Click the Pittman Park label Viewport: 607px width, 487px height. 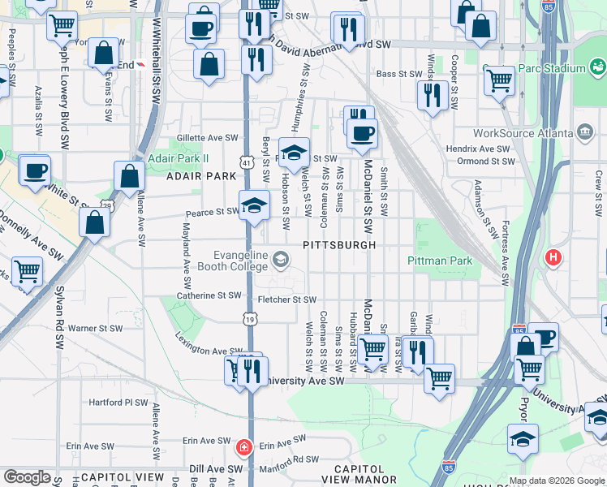pyautogui.click(x=439, y=261)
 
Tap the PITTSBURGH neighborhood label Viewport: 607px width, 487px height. pyautogui.click(x=339, y=245)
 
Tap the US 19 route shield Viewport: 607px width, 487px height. pyautogui.click(x=249, y=320)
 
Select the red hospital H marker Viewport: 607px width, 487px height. pyautogui.click(x=553, y=258)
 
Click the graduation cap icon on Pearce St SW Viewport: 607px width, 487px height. pyautogui.click(x=254, y=205)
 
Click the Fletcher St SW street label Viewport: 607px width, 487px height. pyautogui.click(x=286, y=300)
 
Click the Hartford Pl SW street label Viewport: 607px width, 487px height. pyautogui.click(x=118, y=402)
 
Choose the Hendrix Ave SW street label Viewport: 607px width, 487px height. pyautogui.click(x=478, y=149)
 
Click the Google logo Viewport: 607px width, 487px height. pyautogui.click(x=28, y=478)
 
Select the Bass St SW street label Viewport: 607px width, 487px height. pyautogui.click(x=397, y=74)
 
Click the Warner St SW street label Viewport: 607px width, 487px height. pyautogui.click(x=94, y=329)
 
